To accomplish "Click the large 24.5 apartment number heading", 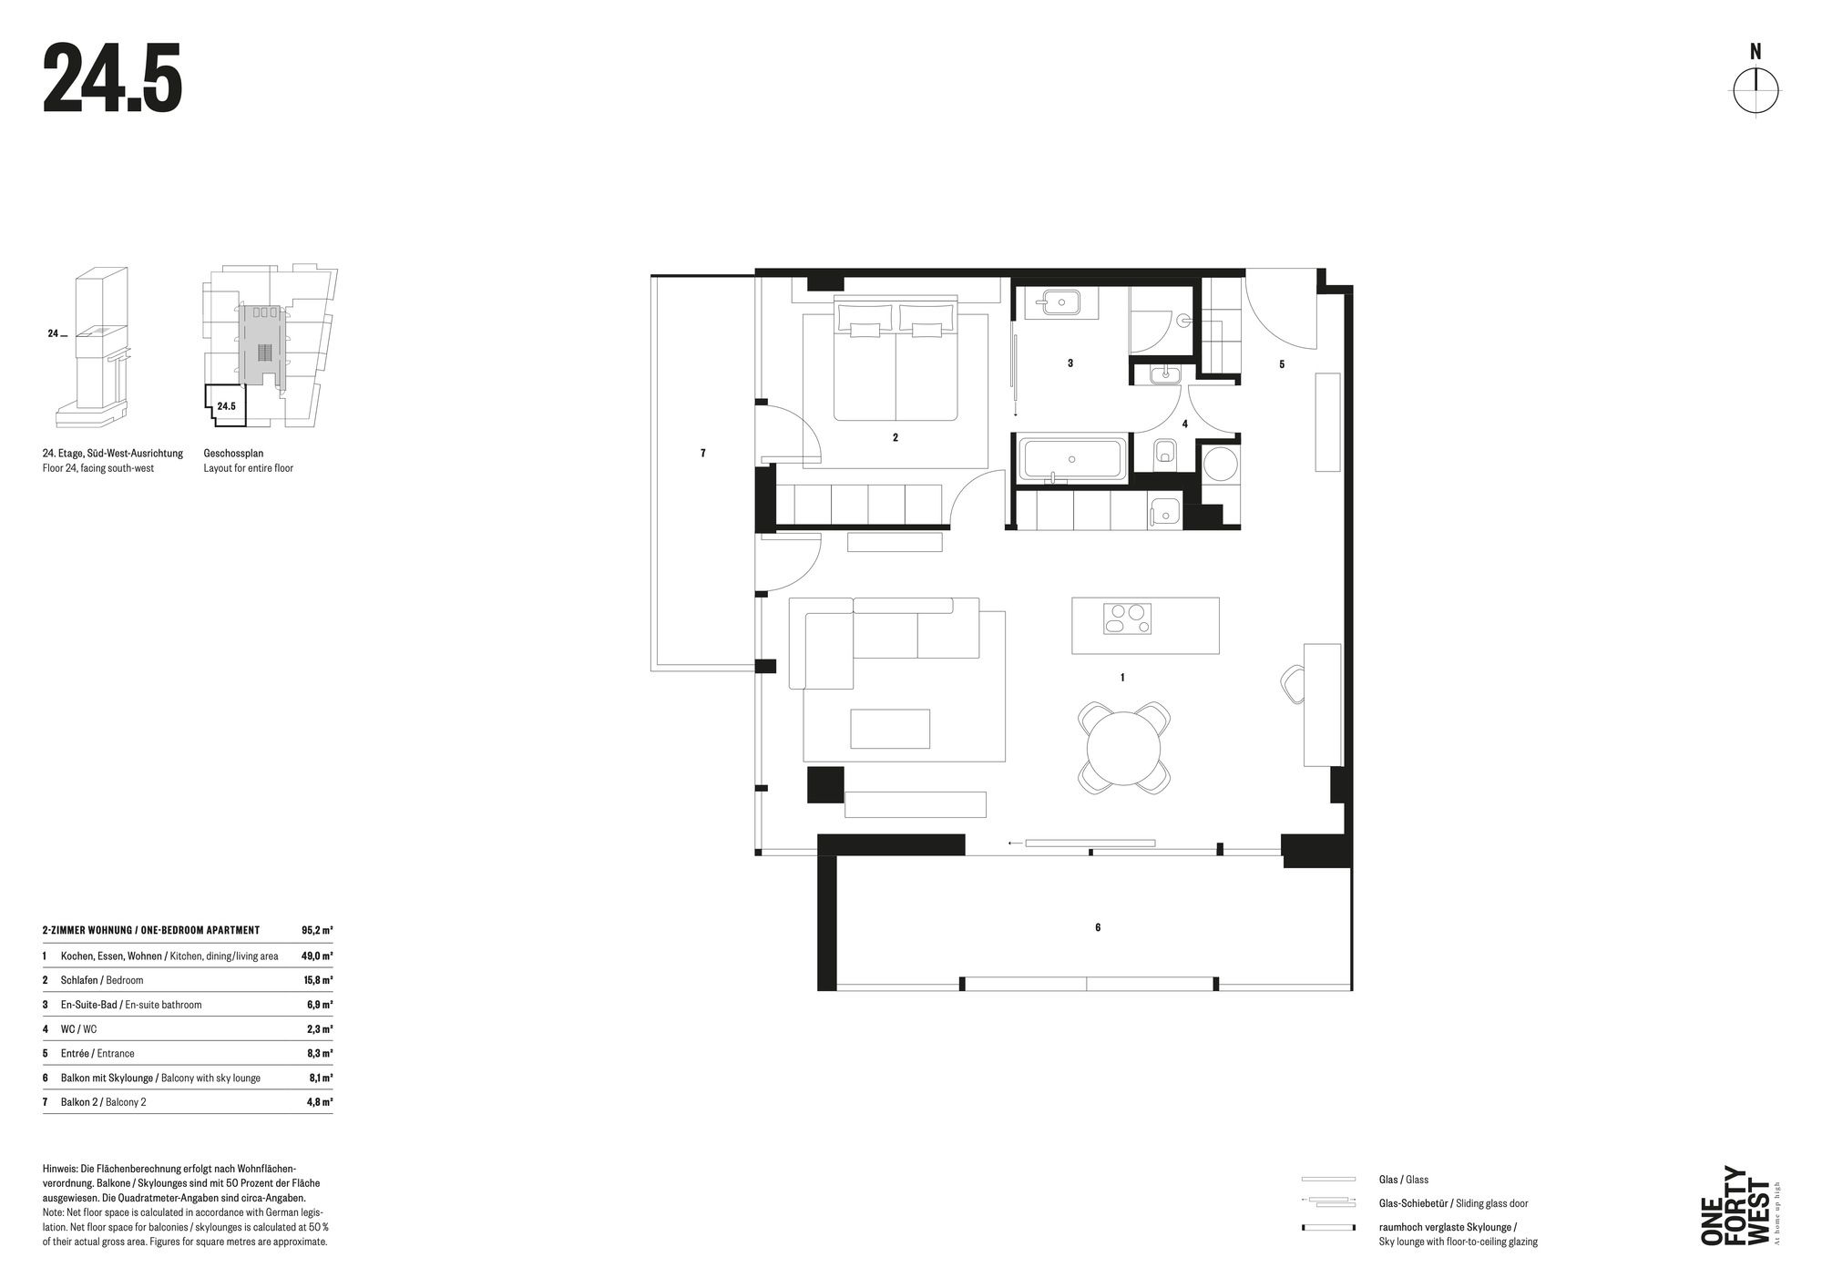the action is (113, 79).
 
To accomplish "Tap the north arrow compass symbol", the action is (1755, 91).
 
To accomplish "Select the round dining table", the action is (1124, 748).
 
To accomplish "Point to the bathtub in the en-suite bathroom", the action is (1071, 460).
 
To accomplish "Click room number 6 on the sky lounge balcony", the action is (1098, 927).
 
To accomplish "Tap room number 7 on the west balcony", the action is (702, 453).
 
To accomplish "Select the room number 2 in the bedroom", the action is (896, 438).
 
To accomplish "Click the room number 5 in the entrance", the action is (1282, 364).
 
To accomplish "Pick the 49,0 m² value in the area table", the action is (317, 956).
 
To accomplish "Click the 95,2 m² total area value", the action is (317, 930).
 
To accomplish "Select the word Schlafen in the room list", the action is (80, 980).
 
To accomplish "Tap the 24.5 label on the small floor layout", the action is (226, 406).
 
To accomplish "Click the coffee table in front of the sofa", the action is (890, 729).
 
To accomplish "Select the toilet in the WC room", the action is (1164, 453).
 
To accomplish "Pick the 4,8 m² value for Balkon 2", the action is (319, 1102).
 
